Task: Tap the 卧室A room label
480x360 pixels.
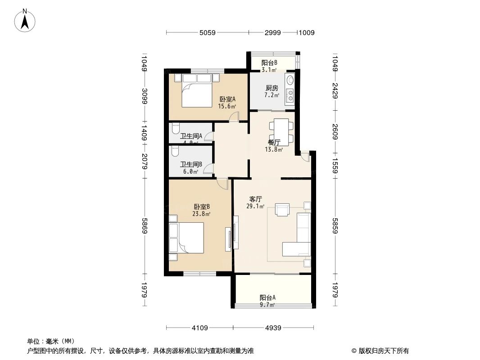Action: [x=227, y=100]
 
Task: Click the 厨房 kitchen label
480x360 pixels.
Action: [x=272, y=88]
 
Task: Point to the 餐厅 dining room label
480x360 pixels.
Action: [x=274, y=143]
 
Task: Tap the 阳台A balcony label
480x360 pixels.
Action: [x=267, y=298]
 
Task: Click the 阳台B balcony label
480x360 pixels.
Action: [x=269, y=63]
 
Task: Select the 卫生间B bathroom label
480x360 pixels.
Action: [x=190, y=165]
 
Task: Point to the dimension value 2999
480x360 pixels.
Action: [x=273, y=32]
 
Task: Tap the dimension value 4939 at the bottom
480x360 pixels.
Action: [x=273, y=328]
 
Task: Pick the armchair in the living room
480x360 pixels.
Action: [x=283, y=210]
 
